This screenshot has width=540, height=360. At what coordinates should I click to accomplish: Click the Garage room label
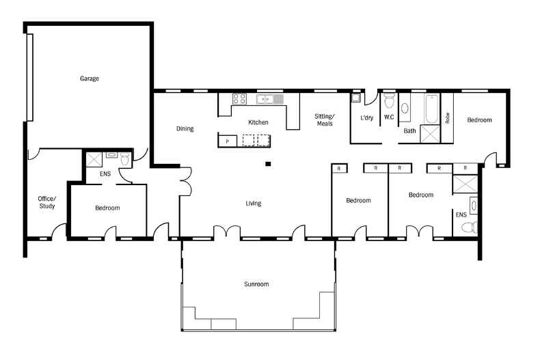(89, 79)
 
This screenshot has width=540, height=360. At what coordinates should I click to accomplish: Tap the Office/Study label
(47, 202)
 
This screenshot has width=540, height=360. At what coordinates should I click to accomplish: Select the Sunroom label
(256, 284)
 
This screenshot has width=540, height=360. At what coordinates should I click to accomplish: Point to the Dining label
(185, 128)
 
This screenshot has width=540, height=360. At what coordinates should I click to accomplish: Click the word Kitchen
(258, 122)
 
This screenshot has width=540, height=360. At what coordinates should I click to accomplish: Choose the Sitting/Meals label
(325, 120)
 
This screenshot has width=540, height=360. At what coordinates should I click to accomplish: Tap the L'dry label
(366, 117)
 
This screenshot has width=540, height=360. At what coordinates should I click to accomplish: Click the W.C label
(389, 117)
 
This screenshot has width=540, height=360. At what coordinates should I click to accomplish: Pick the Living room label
(253, 204)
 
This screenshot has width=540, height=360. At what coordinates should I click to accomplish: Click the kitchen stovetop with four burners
(239, 99)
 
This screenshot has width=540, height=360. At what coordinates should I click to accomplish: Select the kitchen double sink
(269, 100)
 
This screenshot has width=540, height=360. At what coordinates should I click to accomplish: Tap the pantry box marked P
(228, 141)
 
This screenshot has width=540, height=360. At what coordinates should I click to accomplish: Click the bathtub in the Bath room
(432, 109)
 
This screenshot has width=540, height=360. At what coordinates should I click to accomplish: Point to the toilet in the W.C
(389, 100)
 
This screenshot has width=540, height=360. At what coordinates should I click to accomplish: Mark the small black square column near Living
(268, 164)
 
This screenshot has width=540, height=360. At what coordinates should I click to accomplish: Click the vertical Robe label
(447, 118)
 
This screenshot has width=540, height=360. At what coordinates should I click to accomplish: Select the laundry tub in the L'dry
(355, 98)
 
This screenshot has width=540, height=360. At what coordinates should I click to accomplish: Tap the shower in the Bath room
(430, 134)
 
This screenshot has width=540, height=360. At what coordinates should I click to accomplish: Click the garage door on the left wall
(30, 77)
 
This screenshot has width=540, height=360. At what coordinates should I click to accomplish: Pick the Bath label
(409, 130)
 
